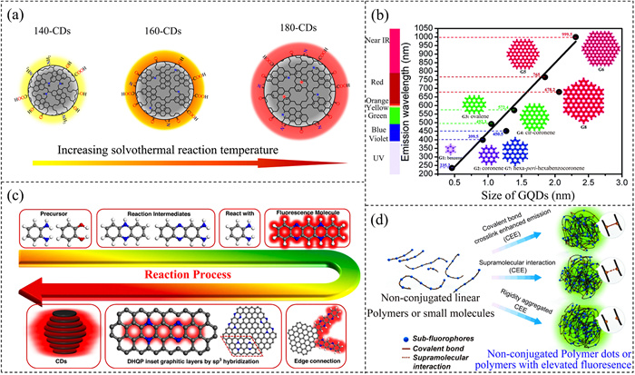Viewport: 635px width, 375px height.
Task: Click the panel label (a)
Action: click(x=17, y=14)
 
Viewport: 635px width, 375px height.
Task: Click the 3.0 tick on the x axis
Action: click(x=621, y=183)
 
